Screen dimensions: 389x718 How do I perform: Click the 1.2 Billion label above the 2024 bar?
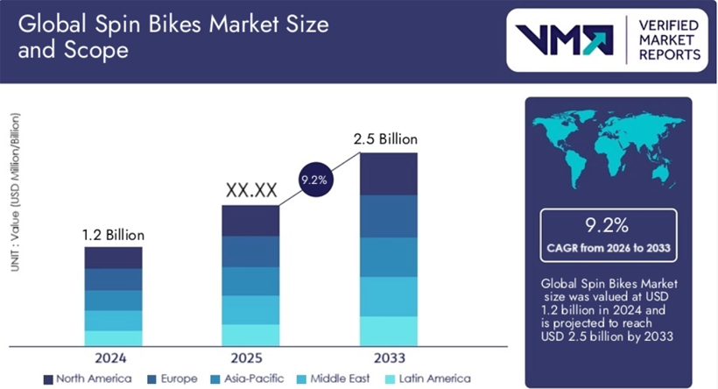(x=113, y=235)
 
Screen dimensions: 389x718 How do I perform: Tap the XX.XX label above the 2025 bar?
(x=250, y=190)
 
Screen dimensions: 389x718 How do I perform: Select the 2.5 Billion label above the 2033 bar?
(x=385, y=139)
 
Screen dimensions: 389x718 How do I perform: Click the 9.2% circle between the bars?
(x=313, y=180)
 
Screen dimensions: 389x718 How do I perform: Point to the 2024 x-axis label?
(x=112, y=358)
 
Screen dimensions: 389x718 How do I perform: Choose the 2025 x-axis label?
(x=250, y=358)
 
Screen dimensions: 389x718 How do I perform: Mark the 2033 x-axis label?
(x=388, y=358)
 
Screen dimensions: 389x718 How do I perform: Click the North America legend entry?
(x=87, y=378)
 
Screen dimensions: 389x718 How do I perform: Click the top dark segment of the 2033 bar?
(x=388, y=173)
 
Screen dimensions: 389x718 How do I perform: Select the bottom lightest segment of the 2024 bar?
(x=113, y=337)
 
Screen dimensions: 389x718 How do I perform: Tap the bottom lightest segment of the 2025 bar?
(x=250, y=335)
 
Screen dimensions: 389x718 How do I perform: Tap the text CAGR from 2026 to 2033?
(x=608, y=249)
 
